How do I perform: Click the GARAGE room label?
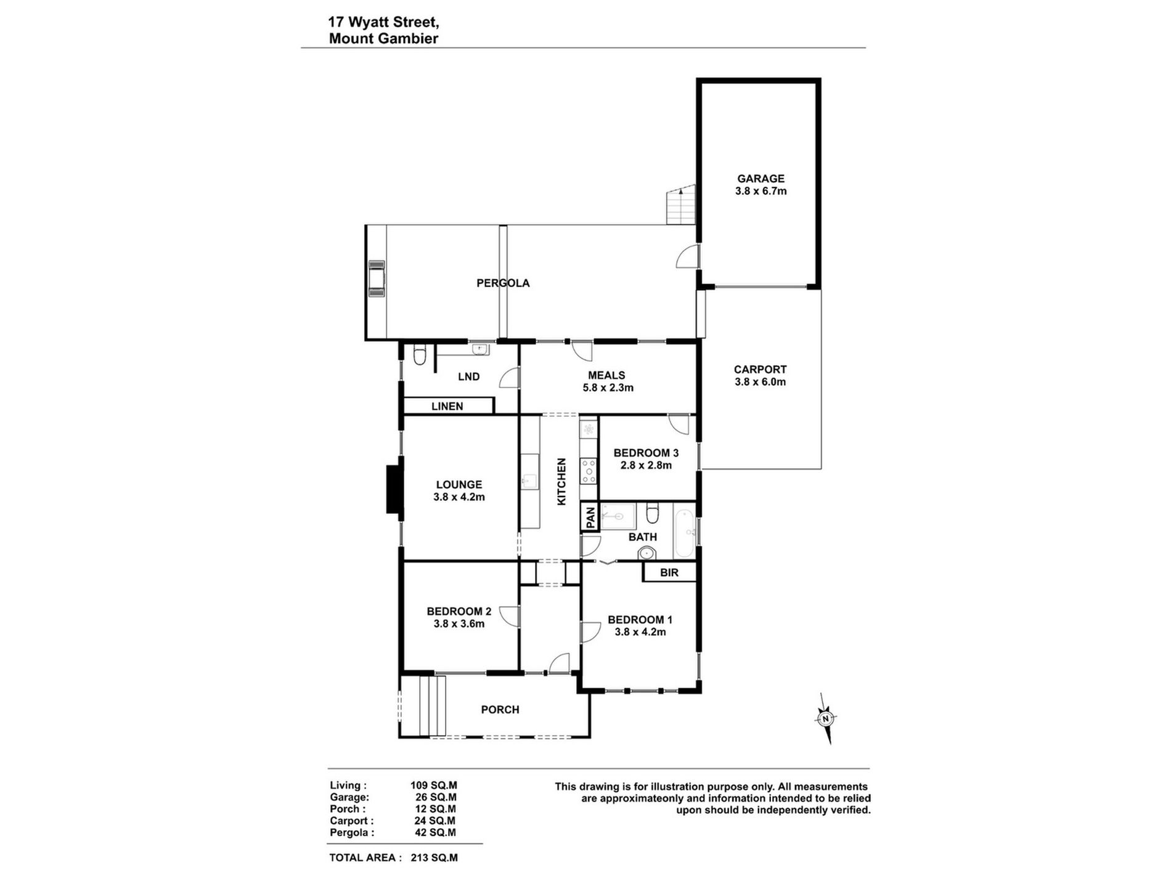coord(761,179)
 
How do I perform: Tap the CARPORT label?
coord(760,370)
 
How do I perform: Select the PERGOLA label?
coord(503,283)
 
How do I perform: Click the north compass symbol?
coord(825,718)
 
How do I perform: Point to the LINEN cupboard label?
coord(447,407)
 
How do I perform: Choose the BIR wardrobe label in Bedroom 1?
coord(669,573)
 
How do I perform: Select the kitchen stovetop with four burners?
coord(589,471)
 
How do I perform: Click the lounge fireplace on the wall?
coord(394,489)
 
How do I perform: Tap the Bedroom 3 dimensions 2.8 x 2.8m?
coord(646,466)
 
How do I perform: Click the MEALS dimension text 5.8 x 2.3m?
coord(608,388)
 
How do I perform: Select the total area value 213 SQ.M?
coord(435,858)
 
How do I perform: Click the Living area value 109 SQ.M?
coord(434,786)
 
